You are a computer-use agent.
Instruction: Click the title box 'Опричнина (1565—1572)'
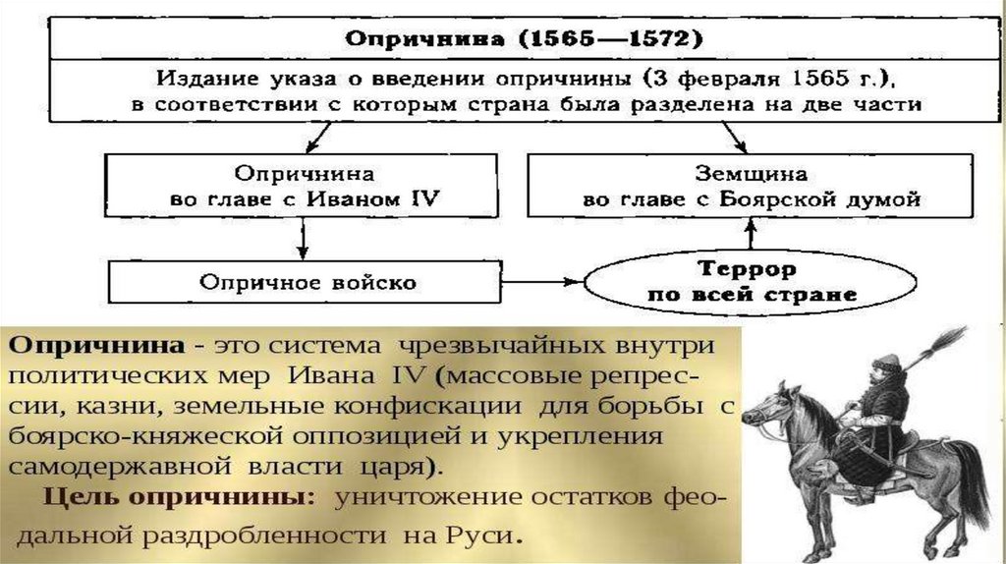coord(521,40)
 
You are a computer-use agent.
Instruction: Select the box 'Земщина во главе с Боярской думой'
coord(751,187)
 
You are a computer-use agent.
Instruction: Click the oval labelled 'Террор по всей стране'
coord(747,281)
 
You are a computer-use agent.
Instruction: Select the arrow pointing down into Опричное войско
coord(305,239)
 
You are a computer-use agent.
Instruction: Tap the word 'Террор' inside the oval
coord(748,268)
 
